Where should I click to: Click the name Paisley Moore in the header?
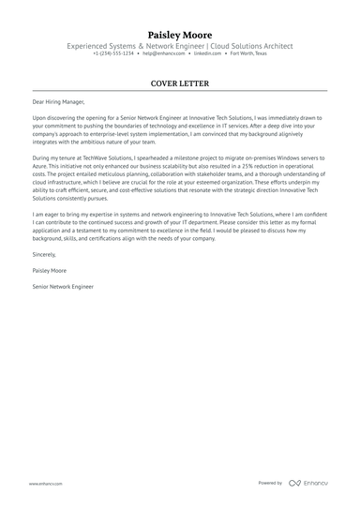click(x=180, y=35)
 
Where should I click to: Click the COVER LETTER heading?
click(x=180, y=82)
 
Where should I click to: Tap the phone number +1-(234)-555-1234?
click(x=113, y=53)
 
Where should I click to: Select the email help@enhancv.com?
click(x=160, y=53)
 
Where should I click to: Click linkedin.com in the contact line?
click(x=206, y=53)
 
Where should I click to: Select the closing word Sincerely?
click(x=44, y=253)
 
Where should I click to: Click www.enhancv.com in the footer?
click(x=45, y=483)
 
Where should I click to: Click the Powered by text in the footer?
click(x=270, y=483)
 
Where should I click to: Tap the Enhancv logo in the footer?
click(x=310, y=483)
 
